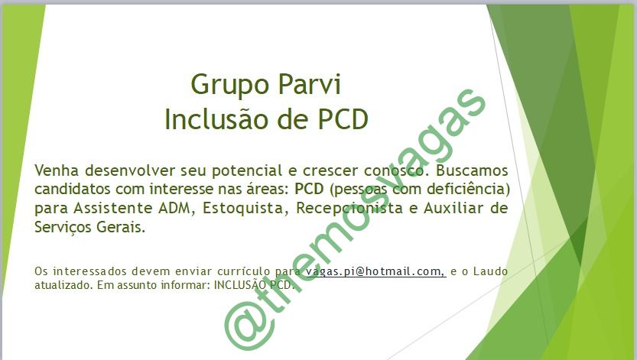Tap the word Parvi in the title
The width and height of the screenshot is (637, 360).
click(x=310, y=84)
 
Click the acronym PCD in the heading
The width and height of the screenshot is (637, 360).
click(x=343, y=119)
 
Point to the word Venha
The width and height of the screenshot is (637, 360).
click(x=57, y=170)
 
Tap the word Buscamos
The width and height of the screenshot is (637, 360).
click(x=472, y=170)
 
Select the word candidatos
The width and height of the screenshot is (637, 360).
click(x=73, y=189)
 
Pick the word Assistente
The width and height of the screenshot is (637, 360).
click(x=113, y=208)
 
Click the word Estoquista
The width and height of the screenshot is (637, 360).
click(x=243, y=209)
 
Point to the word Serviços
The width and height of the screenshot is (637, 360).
click(x=63, y=227)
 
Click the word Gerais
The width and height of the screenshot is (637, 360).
click(x=121, y=227)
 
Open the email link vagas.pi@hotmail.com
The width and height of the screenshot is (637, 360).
click(x=375, y=271)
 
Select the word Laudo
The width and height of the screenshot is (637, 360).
click(x=491, y=271)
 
